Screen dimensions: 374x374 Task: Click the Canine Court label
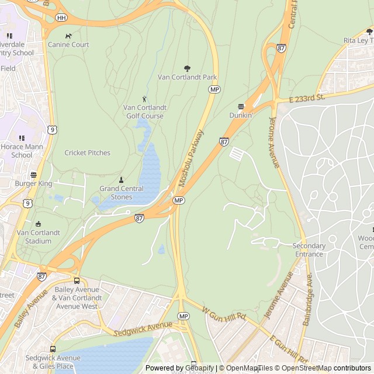coord(68,44)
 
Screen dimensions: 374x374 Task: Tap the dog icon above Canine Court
coord(68,36)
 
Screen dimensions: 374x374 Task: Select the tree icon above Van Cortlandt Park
coord(187,68)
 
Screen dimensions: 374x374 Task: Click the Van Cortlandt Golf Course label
coord(144,112)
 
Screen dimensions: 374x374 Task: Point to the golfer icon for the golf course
coord(144,99)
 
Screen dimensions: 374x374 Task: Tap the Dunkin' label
coord(241,115)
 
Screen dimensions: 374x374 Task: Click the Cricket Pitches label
coord(87,153)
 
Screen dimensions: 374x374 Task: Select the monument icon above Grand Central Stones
coord(121,179)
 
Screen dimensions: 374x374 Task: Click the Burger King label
coord(33,183)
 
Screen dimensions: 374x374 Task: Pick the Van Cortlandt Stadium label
coord(39,237)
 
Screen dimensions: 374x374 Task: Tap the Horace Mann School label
coord(22,151)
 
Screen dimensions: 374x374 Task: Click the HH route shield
coord(61,18)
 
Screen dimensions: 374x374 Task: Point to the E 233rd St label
coord(307,99)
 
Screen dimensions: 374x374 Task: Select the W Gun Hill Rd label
coord(224,314)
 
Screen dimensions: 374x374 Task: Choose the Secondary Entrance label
coord(309,250)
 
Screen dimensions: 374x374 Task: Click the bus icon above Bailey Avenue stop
coord(77,280)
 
